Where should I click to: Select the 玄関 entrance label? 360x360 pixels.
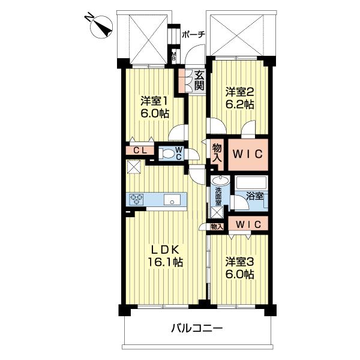[199, 80]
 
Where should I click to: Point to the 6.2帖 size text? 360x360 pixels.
[241, 104]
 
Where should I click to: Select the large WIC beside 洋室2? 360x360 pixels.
[247, 154]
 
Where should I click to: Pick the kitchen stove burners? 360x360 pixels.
[137, 200]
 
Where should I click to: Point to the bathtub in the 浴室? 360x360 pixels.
[251, 182]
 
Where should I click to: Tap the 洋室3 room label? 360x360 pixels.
[241, 262]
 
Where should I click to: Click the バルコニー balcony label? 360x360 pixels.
[197, 329]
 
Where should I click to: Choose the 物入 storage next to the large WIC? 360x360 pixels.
[217, 154]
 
